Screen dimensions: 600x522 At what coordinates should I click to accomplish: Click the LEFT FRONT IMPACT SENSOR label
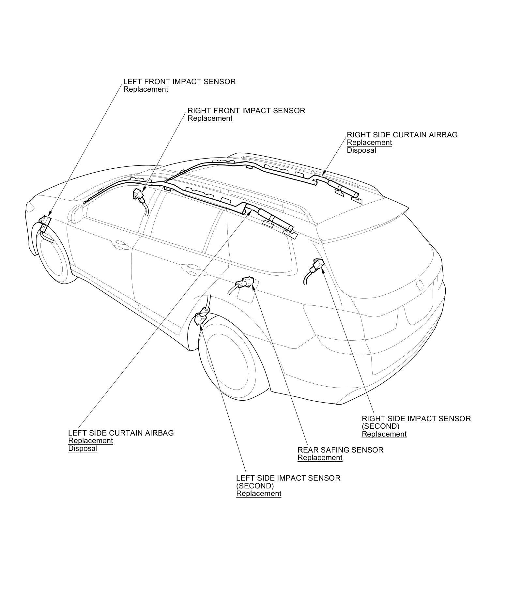(179, 82)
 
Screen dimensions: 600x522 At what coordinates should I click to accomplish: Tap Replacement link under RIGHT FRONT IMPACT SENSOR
(210, 118)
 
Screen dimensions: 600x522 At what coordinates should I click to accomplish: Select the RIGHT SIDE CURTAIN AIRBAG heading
(402, 135)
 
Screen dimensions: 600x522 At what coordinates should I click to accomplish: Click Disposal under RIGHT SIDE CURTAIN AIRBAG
(361, 150)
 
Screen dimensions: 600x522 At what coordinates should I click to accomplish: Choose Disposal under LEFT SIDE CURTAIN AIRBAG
(83, 449)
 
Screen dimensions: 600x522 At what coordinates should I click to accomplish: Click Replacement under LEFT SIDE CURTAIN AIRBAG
(90, 441)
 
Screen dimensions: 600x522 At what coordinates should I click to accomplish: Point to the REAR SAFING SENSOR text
(340, 450)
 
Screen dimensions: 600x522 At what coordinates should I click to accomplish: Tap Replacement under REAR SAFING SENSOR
(320, 458)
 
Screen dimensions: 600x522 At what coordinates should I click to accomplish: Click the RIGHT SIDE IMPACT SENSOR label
(416, 419)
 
